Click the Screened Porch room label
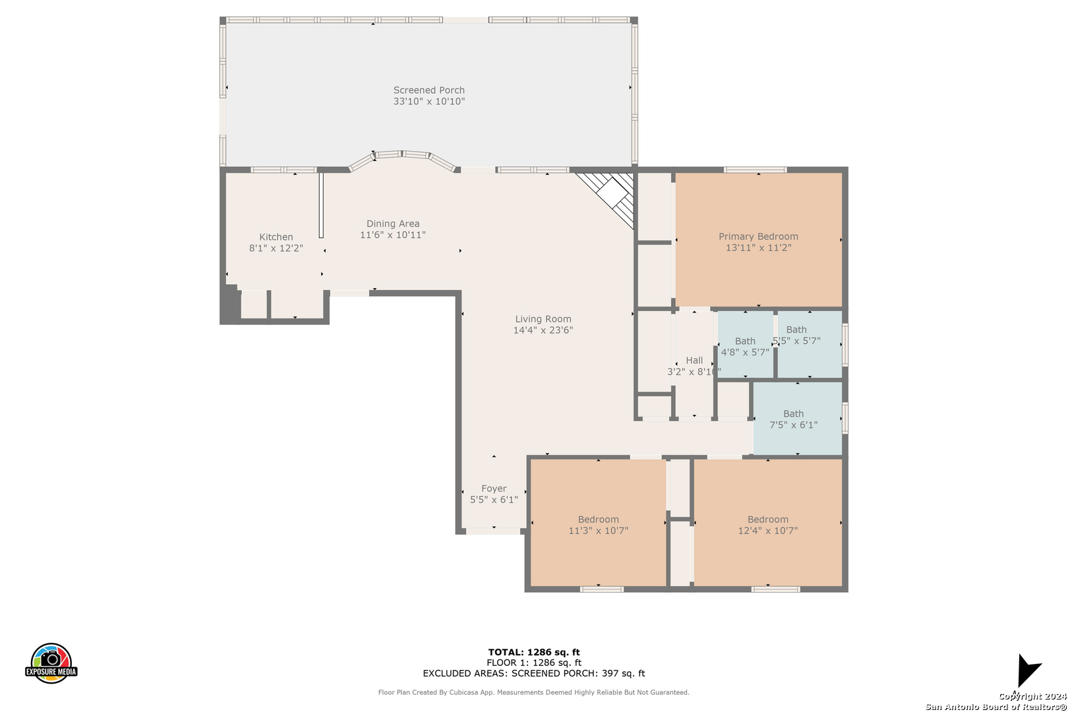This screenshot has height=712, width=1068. [x=429, y=90]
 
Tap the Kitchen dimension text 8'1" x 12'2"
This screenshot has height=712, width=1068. [x=276, y=248]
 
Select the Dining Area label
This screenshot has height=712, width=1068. [x=393, y=223]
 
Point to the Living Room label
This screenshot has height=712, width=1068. [x=543, y=319]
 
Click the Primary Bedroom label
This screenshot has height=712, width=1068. [x=758, y=237]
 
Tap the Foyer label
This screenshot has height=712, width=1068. [x=494, y=489]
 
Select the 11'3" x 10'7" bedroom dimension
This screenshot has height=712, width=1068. [x=599, y=531]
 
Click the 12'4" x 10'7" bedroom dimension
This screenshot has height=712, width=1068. [x=767, y=531]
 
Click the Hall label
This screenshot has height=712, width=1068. [x=694, y=361]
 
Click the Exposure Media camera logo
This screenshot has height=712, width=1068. [x=51, y=663]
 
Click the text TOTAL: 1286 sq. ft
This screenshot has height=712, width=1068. [x=534, y=652]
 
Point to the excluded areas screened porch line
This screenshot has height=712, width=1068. [x=534, y=673]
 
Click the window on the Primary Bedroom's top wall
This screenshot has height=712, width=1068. [x=755, y=170]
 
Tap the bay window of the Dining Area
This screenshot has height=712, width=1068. [x=402, y=160]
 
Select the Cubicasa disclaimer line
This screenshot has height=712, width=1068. [x=534, y=692]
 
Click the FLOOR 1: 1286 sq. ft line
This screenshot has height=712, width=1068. [x=534, y=663]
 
